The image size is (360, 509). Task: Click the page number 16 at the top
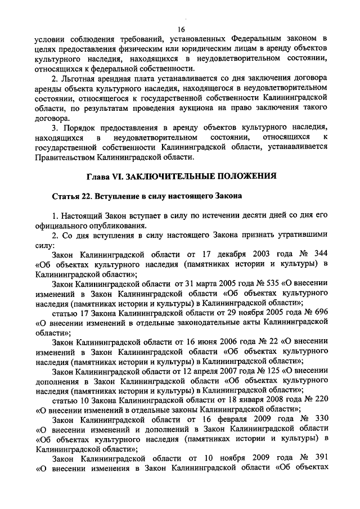pyautogui.click(x=181, y=29)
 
